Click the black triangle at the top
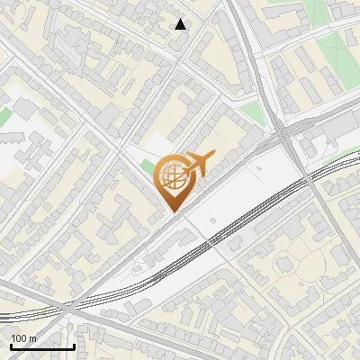(181, 24)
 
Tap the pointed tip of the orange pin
(172, 211)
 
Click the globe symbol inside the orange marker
(172, 176)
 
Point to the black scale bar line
(42, 346)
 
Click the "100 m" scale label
(24, 338)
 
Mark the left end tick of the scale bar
(11, 346)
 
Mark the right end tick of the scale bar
(74, 346)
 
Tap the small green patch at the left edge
(4, 117)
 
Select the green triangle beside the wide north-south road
(254, 112)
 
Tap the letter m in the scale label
(33, 338)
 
